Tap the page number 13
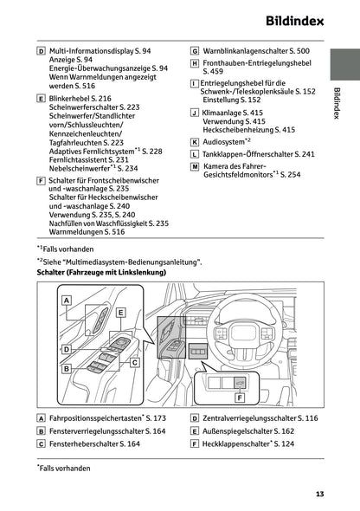pos(319,494)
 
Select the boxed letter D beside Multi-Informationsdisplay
pos(41,52)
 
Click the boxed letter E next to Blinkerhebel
pos(41,100)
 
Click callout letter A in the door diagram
pos(67,300)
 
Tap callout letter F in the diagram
pos(239,398)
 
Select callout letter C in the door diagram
pos(134,363)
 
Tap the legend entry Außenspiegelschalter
pos(241,430)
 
